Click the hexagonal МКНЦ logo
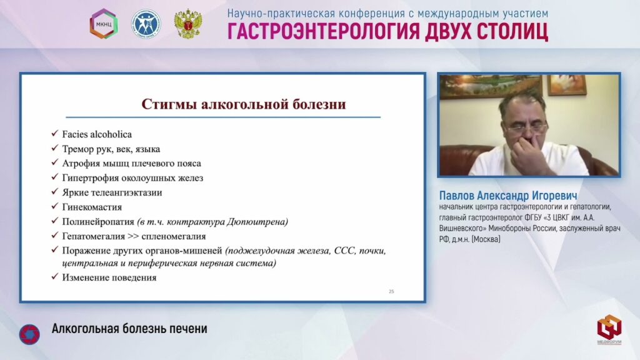pos(104,24)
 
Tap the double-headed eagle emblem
pos(187,24)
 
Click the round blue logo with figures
pos(146,24)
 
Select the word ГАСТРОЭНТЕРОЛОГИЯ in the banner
pos(323,31)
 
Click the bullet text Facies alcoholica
pos(97,134)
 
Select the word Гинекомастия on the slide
pos(92,207)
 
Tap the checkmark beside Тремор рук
pos(55,148)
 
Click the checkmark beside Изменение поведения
pos(55,277)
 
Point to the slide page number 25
pos(391,291)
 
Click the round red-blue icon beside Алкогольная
pos(29,334)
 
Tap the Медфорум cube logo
pos(609,329)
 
